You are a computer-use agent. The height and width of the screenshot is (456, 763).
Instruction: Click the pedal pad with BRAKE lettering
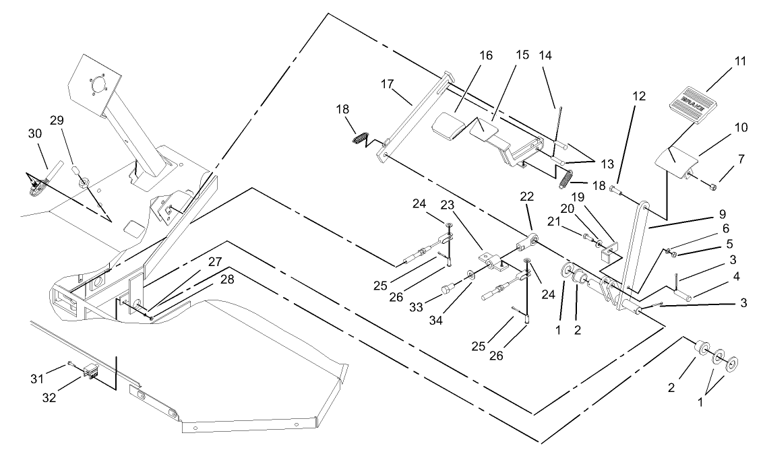(x=694, y=106)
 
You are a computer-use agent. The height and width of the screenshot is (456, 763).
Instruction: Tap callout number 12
(x=639, y=96)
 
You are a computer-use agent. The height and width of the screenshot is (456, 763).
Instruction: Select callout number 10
(x=722, y=127)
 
